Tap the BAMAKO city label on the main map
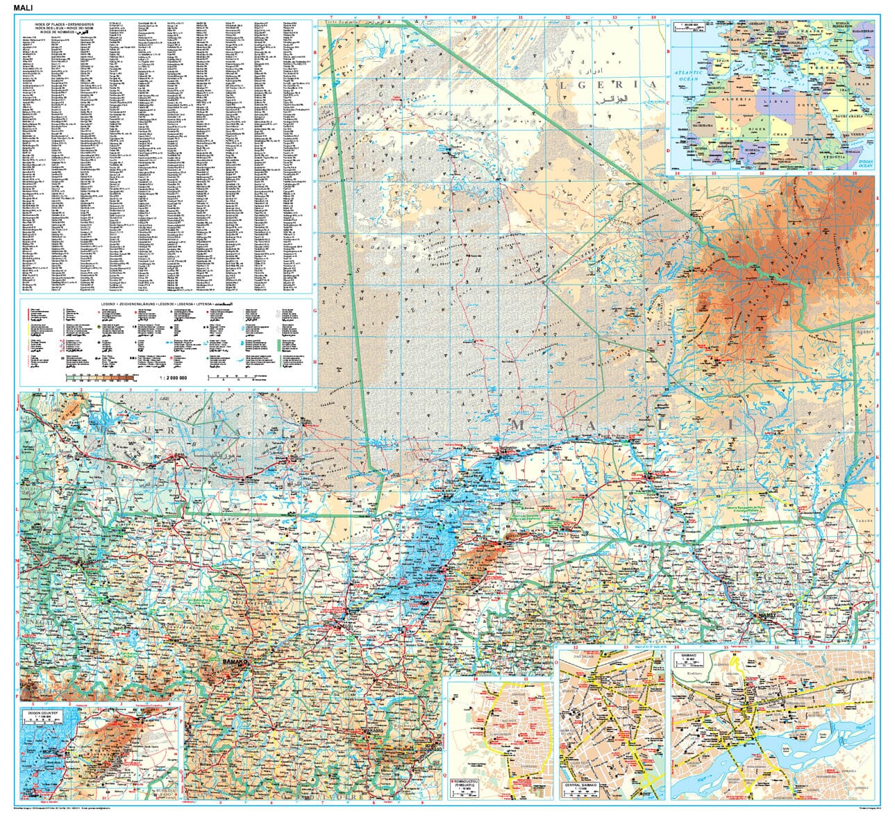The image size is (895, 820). coord(235,664)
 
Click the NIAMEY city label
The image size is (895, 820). coord(769,615)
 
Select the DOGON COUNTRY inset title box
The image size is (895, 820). coord(42,714)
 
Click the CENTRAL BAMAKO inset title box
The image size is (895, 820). coord(580,787)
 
